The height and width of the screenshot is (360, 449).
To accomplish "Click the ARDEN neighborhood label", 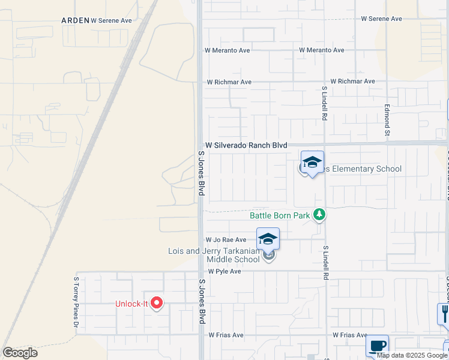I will tap(75, 20).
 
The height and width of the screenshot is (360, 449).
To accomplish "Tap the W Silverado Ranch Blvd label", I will tap(246, 145).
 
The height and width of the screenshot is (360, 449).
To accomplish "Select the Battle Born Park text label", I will tap(280, 215).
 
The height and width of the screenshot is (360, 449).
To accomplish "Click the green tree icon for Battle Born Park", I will tap(320, 214).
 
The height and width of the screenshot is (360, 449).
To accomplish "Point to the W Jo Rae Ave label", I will tap(226, 240).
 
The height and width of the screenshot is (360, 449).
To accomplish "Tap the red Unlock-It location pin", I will tap(156, 303).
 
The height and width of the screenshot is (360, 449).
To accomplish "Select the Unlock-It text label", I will tap(131, 304).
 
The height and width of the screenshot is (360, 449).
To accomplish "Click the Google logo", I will tap(20, 353).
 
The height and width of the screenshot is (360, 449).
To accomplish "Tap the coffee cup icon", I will tap(377, 346).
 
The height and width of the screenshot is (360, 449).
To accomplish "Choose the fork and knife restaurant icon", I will tap(444, 313).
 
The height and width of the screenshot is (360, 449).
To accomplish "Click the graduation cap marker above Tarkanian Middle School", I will tap(268, 239).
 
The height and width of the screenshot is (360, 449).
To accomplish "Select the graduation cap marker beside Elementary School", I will tap(312, 163).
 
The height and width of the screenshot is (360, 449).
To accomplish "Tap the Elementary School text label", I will tap(363, 169).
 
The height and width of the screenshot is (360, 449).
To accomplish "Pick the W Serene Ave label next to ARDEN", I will tap(111, 20).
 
